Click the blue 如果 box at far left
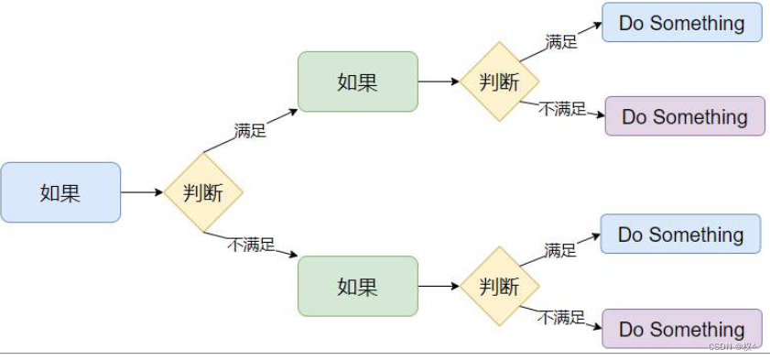pos(60,192)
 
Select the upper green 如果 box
pos(358,82)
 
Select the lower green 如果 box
pos(358,286)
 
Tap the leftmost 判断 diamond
pos(203,192)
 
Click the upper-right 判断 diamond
pos(500,82)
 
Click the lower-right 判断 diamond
pos(500,286)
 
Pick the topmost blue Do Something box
pos(682,23)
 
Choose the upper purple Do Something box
pos(685,116)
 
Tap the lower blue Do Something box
pos(680,235)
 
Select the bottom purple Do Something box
pos(682,329)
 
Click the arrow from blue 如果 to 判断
pos(142,192)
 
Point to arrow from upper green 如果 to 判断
pos(439,82)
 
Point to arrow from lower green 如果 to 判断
pos(439,286)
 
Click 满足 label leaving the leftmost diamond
pos(250,131)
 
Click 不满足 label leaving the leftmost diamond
pos(251,244)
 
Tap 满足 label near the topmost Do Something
pos(561,41)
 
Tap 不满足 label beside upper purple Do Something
pos(562,109)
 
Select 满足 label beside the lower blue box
pos(560,250)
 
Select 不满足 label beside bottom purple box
pos(561,317)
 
